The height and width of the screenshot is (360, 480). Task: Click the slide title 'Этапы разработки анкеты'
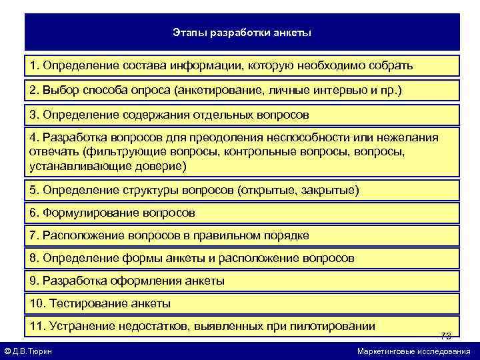coord(242,31)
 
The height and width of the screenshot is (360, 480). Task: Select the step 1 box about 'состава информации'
coord(242,66)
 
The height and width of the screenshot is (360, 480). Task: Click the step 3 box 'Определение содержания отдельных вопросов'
coord(242,115)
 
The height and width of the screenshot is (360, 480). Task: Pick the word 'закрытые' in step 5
coord(331,191)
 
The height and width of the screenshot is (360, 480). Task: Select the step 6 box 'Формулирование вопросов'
coord(242,213)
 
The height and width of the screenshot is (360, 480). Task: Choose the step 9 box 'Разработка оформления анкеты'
coord(242,281)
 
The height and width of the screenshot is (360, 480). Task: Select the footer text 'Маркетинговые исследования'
coord(413,351)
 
